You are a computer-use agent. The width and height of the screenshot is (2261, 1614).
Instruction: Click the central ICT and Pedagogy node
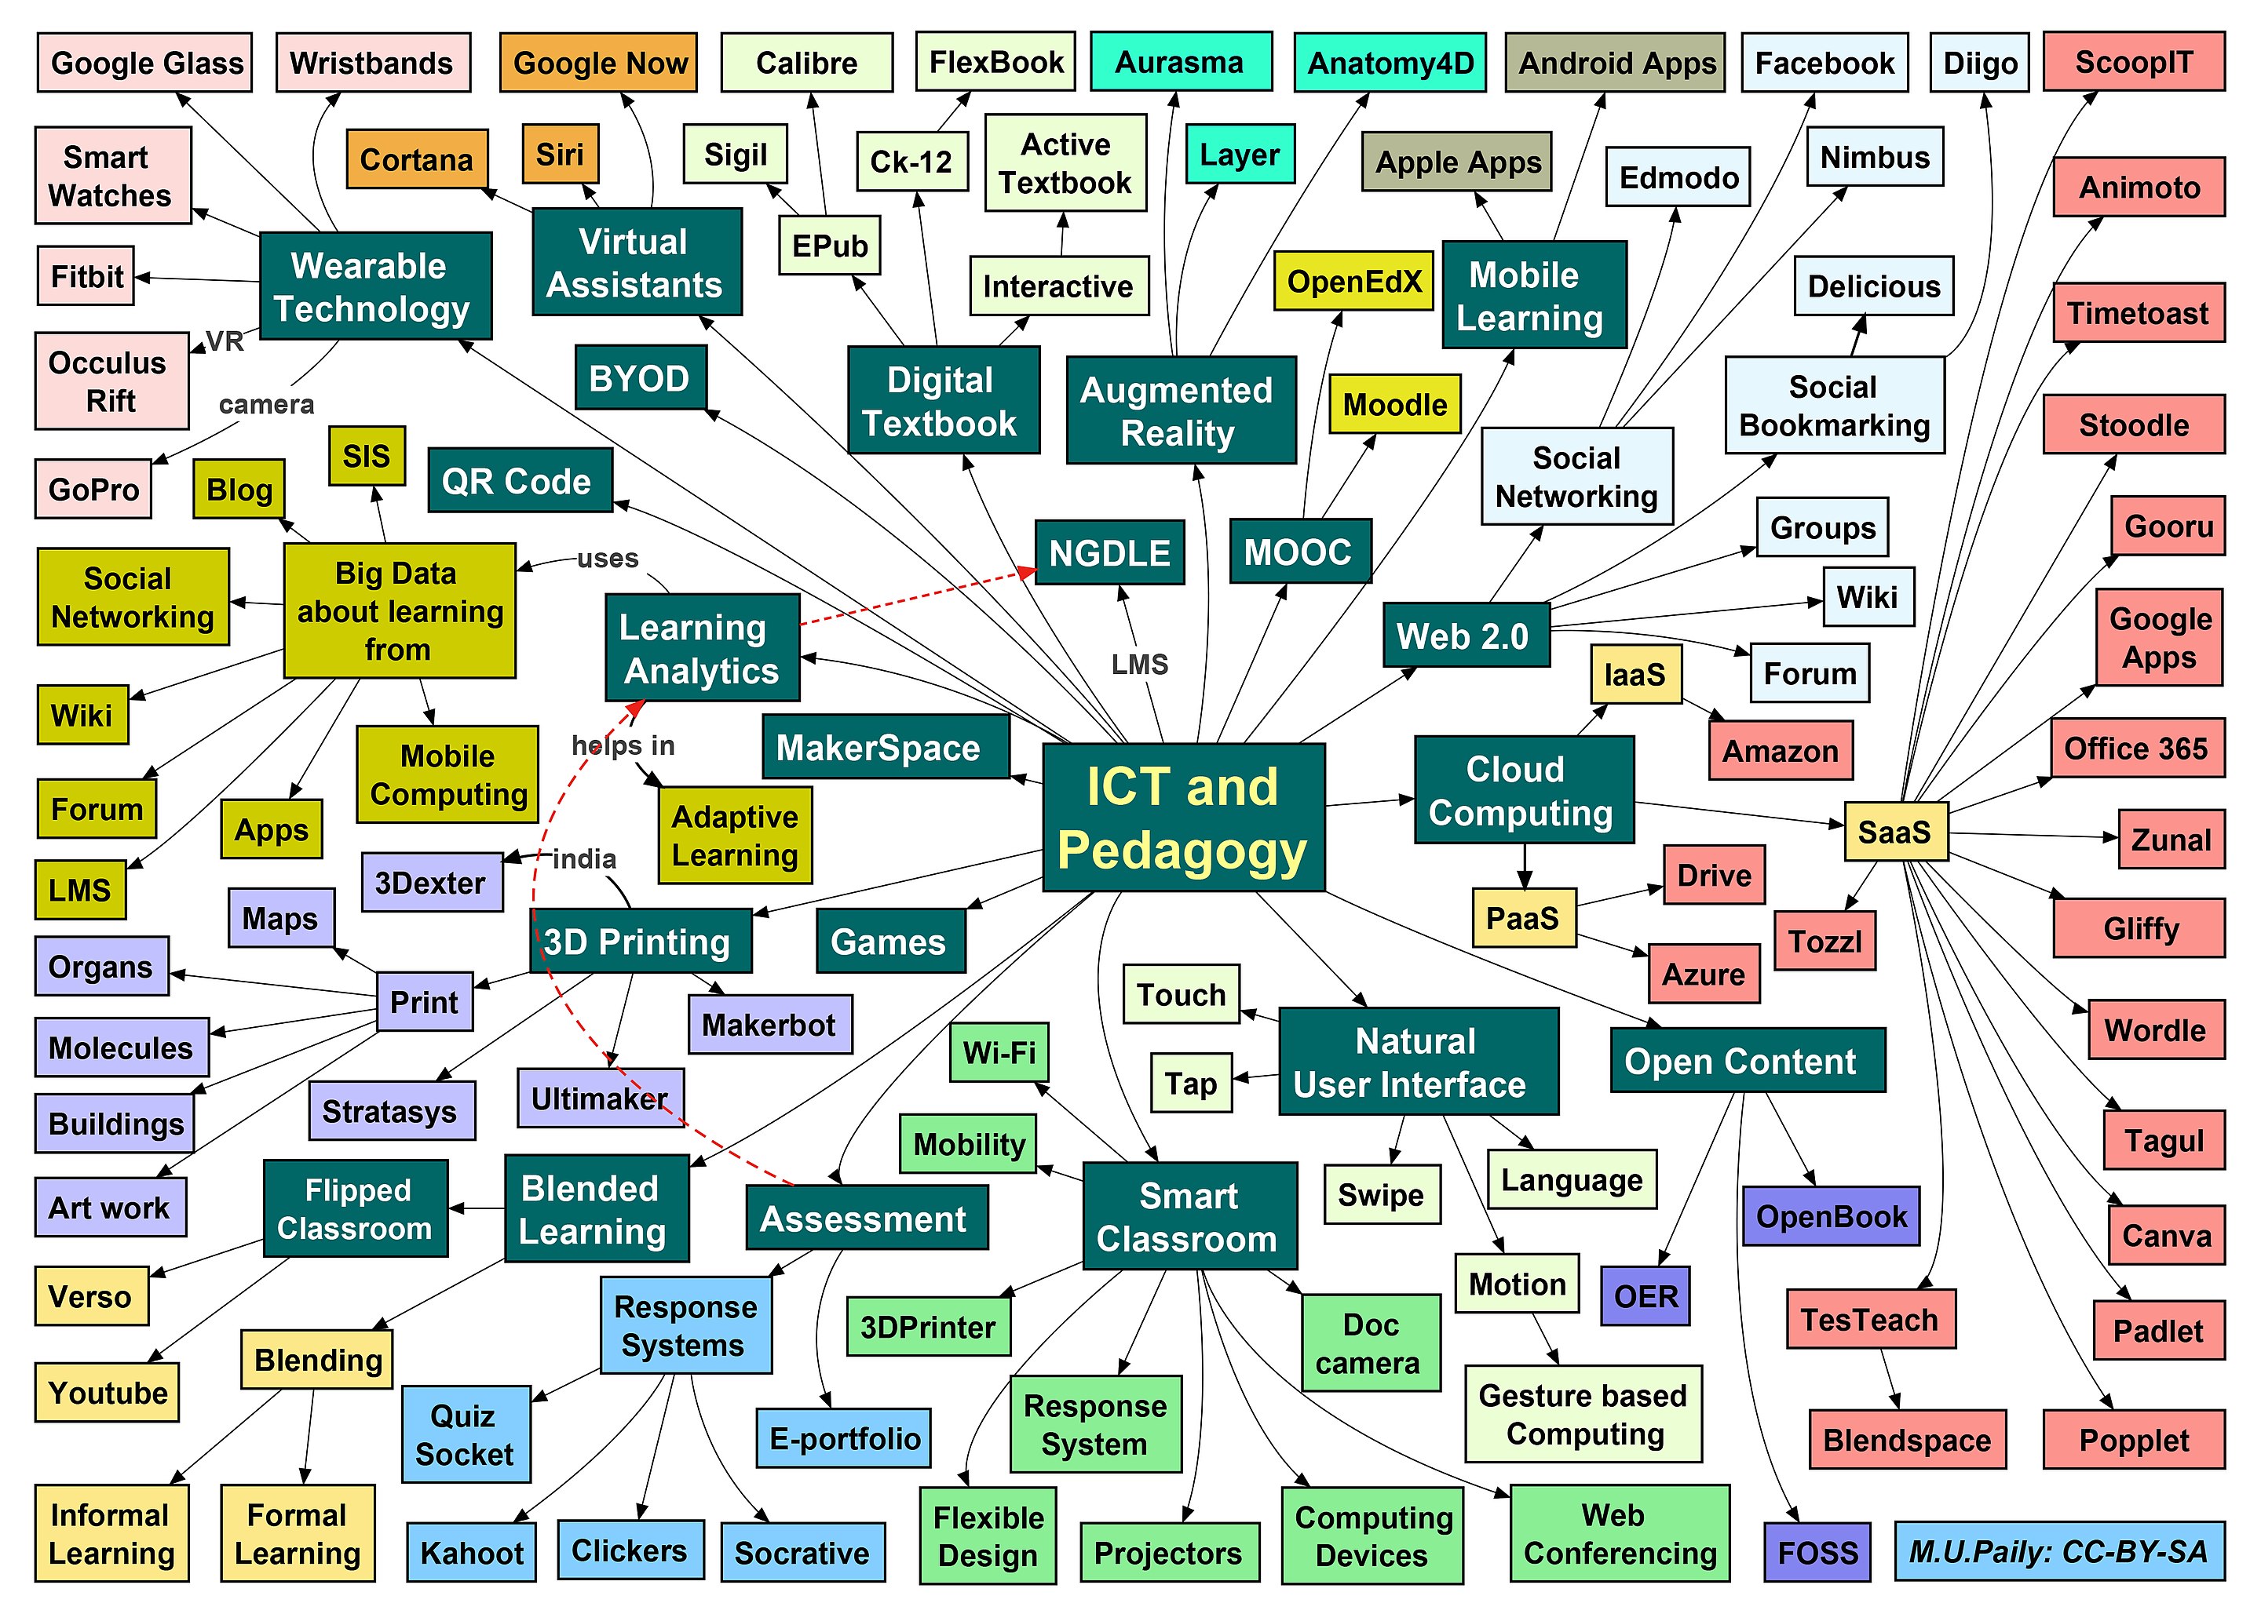tap(1182, 817)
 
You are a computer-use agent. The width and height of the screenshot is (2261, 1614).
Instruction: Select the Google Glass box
tap(146, 63)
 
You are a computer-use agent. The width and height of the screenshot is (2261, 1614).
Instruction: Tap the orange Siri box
tap(560, 154)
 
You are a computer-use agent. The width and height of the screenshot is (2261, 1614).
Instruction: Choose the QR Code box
tap(518, 481)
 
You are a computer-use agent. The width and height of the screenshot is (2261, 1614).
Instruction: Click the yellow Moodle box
tap(1394, 405)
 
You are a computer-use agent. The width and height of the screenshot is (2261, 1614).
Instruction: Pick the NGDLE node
tap(1109, 552)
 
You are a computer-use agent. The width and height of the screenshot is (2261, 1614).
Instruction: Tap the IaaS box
tap(1635, 674)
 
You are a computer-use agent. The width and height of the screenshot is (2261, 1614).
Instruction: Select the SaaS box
tap(1894, 831)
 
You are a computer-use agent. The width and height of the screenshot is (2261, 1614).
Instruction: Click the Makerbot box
tap(769, 1024)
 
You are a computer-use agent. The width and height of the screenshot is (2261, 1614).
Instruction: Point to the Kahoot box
tap(471, 1552)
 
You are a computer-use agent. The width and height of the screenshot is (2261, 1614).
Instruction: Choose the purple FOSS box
tap(1817, 1552)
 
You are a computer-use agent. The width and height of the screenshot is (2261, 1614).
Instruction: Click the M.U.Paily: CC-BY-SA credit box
tap(2058, 1550)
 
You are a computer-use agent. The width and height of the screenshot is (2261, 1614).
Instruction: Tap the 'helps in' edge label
tap(623, 745)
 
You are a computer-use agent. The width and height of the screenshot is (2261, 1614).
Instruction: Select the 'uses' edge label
tap(608, 559)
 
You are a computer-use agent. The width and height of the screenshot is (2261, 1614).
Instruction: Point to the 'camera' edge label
tap(266, 405)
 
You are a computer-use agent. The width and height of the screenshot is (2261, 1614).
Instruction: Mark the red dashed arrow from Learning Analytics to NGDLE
tap(915, 596)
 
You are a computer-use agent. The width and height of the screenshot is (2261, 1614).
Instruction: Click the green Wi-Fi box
tap(999, 1051)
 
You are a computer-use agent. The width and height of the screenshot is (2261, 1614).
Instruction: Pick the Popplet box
tap(2134, 1440)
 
